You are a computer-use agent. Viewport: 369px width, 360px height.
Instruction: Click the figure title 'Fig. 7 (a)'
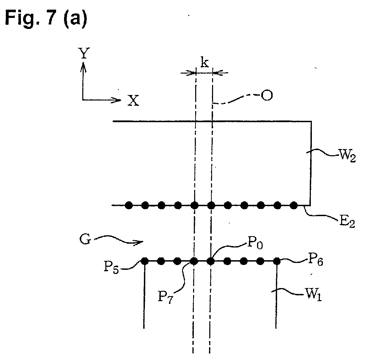[x=46, y=18]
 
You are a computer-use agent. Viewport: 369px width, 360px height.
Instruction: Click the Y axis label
[x=84, y=53]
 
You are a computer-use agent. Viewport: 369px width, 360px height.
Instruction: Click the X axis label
[x=133, y=100]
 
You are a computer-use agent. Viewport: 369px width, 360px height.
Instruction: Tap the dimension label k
[x=204, y=62]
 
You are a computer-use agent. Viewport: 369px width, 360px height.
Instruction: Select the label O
[x=267, y=96]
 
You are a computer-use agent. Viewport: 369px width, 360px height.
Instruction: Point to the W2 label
[x=347, y=156]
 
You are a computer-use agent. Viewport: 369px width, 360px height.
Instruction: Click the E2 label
[x=347, y=222]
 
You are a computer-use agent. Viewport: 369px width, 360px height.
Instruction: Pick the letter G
[x=85, y=240]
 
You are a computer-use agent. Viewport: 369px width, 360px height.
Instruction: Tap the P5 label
[x=112, y=268]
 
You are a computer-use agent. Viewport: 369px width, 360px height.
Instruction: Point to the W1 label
[x=313, y=295]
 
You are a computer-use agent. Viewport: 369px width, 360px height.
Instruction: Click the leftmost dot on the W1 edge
[x=145, y=261]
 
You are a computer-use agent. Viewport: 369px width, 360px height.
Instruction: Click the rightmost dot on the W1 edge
[x=277, y=261]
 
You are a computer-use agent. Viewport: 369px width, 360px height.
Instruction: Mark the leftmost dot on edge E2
[x=129, y=205]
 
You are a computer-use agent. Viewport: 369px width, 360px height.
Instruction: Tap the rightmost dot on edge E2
[x=294, y=205]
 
